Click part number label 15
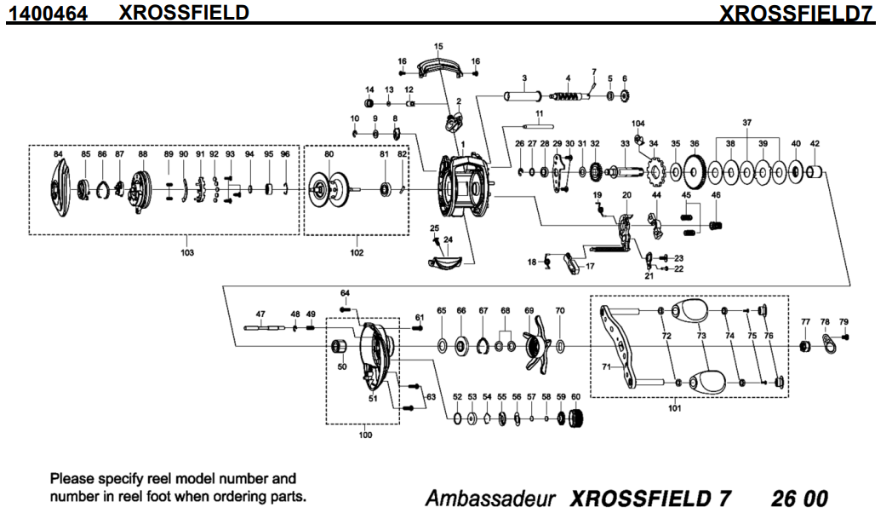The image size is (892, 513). point(438,45)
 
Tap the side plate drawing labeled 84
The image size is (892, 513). point(57,188)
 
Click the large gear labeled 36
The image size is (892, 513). point(695,174)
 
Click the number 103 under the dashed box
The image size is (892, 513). point(187,253)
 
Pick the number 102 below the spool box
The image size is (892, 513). point(356,253)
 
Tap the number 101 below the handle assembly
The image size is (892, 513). point(675,407)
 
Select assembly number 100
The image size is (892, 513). point(365,435)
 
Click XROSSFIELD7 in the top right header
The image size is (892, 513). point(798,13)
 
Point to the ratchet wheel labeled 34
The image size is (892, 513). point(656,174)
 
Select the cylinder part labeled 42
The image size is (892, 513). point(815,174)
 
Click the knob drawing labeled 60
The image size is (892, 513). point(578,418)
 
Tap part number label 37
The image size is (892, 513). point(746,123)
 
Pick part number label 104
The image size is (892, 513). point(638,123)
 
